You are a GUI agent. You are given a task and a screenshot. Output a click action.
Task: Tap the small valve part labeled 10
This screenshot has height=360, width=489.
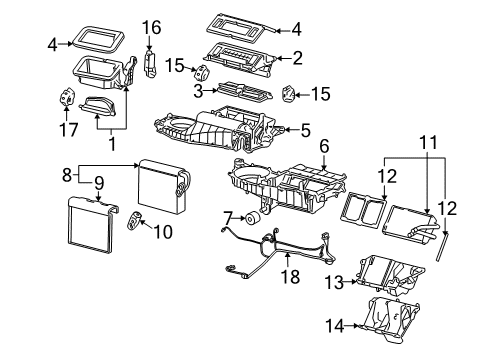[x=134, y=222]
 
